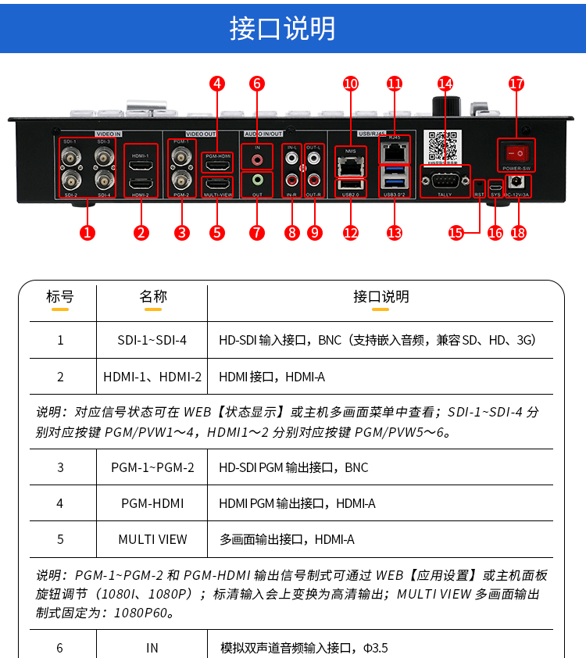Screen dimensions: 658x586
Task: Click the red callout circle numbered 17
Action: tap(516, 83)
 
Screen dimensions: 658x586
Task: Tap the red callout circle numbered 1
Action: tap(88, 231)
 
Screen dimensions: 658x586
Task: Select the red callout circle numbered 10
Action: tap(351, 83)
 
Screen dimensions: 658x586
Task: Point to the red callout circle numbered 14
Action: tap(445, 83)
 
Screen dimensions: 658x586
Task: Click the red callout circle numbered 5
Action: tap(217, 231)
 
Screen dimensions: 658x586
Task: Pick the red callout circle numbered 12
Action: tap(351, 231)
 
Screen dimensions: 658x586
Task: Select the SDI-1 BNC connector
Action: tap(71, 156)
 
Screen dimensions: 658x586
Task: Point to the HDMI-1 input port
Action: tap(141, 166)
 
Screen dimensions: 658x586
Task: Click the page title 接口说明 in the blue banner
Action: tap(283, 27)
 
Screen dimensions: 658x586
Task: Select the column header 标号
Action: tap(60, 297)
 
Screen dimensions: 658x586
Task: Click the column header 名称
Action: tap(153, 297)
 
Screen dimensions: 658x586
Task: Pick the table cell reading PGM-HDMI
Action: tap(152, 503)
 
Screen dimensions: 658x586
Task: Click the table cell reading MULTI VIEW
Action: tap(152, 539)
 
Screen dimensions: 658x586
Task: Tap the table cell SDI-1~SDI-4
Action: tap(152, 341)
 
